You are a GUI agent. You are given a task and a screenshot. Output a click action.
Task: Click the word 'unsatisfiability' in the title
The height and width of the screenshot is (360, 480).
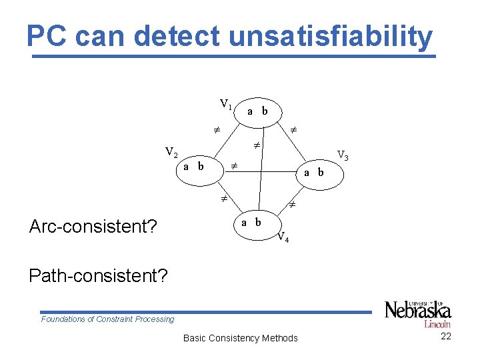330,37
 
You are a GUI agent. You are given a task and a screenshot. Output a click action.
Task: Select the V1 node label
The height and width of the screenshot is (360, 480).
226,104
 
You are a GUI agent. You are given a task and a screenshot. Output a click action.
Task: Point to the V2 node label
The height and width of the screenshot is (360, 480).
171,153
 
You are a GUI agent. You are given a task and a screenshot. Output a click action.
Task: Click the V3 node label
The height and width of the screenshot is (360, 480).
343,155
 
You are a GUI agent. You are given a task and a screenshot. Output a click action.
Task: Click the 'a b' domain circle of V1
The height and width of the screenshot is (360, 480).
257,111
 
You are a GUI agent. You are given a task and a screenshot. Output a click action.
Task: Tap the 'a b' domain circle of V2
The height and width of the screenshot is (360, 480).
193,166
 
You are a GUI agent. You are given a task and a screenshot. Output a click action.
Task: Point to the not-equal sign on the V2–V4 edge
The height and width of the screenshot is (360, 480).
225,199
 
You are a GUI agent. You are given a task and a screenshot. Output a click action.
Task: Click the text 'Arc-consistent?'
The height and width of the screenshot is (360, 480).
93,227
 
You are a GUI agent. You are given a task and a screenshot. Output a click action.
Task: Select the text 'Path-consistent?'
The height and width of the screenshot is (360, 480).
98,275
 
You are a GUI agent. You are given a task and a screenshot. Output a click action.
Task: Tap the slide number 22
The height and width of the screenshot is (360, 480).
446,336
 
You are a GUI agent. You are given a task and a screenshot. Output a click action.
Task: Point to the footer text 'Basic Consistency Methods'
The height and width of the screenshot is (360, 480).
240,338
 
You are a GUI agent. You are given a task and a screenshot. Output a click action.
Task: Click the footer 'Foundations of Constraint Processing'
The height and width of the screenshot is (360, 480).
107,319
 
